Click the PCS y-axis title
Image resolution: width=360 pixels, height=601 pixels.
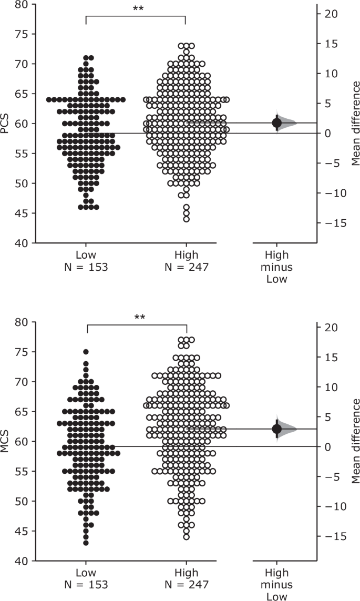coord(6,123)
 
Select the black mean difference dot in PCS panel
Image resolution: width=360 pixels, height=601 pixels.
coord(277,123)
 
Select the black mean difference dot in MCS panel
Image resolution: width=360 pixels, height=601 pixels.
coord(277,429)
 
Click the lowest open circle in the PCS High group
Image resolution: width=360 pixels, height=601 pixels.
coord(187,219)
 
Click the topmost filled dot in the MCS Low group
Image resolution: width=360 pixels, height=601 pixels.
coord(86,352)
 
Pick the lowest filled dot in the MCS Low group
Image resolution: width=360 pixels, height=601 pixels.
coord(86,543)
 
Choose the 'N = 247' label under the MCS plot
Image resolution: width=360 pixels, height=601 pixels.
coord(187,585)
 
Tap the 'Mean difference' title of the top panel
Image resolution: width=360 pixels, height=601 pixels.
coord(356,123)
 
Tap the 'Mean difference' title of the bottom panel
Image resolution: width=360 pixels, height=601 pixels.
coord(356,441)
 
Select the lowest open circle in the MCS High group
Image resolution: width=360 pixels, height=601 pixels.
coord(187,537)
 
